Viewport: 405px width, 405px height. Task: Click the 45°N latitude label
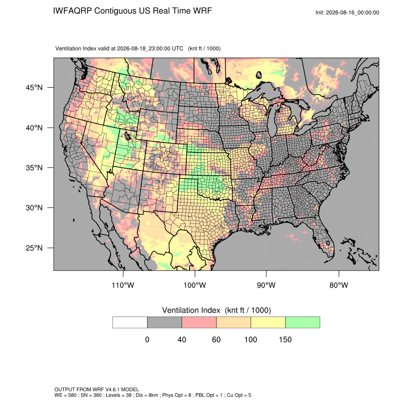(34, 88)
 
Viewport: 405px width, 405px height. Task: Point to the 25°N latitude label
(34, 248)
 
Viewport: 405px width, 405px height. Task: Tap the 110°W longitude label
(123, 285)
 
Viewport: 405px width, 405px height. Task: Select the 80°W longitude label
(339, 285)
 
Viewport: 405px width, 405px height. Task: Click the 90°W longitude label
(266, 285)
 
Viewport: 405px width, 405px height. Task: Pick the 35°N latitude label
(34, 168)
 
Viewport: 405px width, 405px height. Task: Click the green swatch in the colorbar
(303, 323)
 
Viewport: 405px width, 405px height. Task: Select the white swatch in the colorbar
(130, 323)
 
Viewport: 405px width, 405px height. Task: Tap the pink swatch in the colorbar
(199, 323)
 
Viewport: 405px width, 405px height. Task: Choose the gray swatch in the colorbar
(164, 323)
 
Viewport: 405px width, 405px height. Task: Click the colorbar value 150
(285, 339)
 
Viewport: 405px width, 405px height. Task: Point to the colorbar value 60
(216, 339)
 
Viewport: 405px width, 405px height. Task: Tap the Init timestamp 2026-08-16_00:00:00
(353, 12)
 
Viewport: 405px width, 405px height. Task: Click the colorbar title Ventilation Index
(191, 310)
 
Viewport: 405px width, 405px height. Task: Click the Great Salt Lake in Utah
(128, 136)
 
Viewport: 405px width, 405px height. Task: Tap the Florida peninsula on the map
(324, 238)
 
